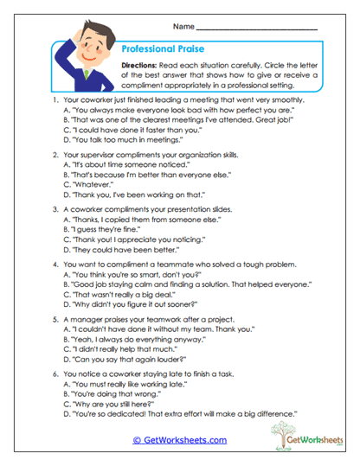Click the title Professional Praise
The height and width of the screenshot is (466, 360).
(x=161, y=51)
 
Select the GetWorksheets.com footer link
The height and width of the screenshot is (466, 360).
(x=180, y=439)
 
